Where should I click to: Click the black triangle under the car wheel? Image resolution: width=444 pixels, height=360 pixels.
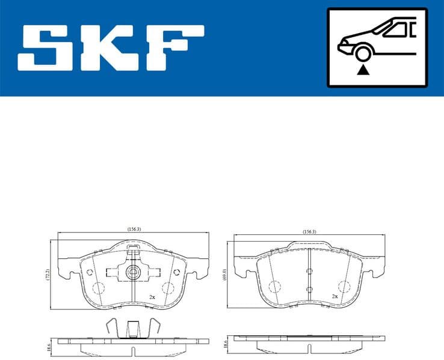coord(362,71)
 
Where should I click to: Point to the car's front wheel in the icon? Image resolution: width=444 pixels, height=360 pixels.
coord(362,55)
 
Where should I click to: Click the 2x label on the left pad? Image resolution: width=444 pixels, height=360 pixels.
coord(152,297)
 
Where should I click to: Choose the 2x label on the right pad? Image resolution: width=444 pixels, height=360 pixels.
coord(335,297)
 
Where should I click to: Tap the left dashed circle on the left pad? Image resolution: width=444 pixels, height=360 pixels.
coord(99,288)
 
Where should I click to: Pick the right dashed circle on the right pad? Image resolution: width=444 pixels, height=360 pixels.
coord(344,287)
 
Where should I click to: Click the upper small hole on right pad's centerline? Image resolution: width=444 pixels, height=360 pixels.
coord(309,272)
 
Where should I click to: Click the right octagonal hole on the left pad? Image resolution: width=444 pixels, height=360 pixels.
coord(176,272)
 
